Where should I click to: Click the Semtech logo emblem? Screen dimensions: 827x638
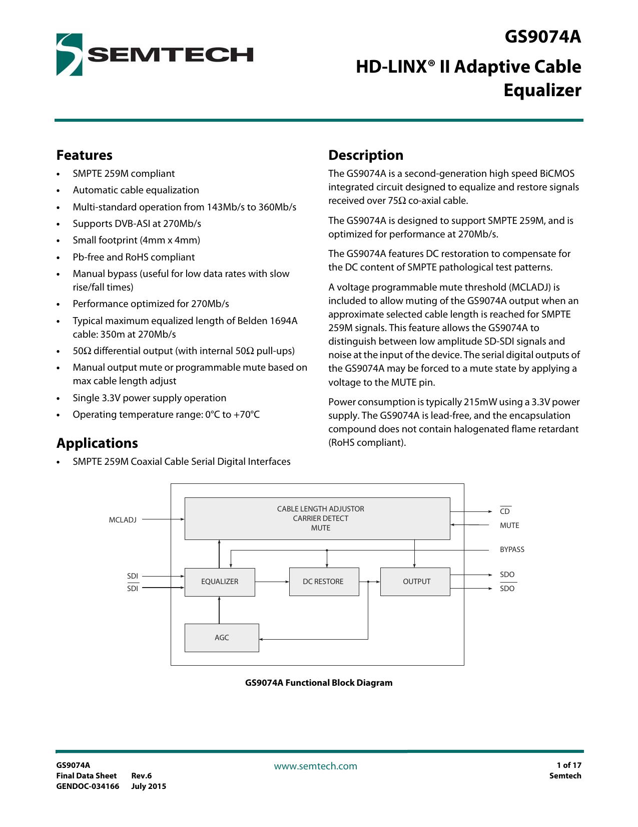click(69, 55)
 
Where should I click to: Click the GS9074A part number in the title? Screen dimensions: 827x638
click(542, 37)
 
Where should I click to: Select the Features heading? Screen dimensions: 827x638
click(84, 155)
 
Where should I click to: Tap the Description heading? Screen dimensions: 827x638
click(365, 155)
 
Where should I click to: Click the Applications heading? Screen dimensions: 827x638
click(97, 443)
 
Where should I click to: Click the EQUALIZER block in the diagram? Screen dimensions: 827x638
click(220, 582)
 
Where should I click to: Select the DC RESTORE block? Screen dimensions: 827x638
click(323, 582)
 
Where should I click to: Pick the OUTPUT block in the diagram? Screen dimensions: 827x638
click(416, 582)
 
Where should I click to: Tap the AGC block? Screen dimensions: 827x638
click(222, 638)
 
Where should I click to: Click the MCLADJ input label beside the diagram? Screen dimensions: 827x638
click(123, 520)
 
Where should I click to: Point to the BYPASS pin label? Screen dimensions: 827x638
click(512, 549)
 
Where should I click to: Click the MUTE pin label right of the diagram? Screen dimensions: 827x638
click(509, 525)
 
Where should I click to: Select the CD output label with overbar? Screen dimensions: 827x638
click(505, 511)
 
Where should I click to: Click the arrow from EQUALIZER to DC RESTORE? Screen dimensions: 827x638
click(272, 582)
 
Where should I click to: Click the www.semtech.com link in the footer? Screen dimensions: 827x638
click(315, 766)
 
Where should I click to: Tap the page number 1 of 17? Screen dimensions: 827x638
click(568, 765)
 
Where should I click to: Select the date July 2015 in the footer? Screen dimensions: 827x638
click(149, 786)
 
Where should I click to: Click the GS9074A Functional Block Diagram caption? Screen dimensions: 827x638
click(318, 683)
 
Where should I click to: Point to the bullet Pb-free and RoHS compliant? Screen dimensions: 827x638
click(134, 257)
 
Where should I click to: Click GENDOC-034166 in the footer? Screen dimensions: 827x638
click(88, 786)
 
